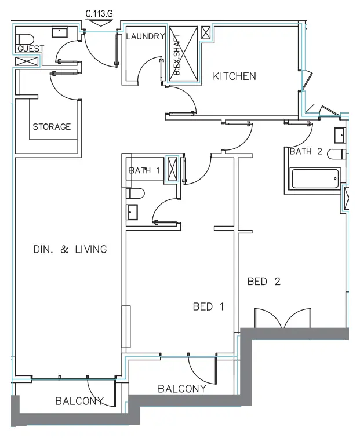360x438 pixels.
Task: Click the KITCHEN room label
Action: coord(234,76)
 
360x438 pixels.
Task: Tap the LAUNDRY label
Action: coord(145,36)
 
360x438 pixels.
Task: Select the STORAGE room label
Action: coord(52,127)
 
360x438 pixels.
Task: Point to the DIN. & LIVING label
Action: coord(70,250)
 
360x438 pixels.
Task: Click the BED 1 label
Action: coord(208,306)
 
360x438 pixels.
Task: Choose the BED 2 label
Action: coord(264,282)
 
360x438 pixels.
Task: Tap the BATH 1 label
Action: coord(144,170)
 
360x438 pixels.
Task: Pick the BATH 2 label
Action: coord(306,152)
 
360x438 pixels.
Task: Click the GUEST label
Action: coord(30,49)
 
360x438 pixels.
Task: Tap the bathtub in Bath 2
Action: coord(315,178)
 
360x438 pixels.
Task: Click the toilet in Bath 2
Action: coord(336,154)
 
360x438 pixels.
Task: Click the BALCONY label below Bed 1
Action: coord(181,389)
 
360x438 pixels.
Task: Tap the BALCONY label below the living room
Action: coord(79,401)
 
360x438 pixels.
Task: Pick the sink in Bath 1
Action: coord(133,213)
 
